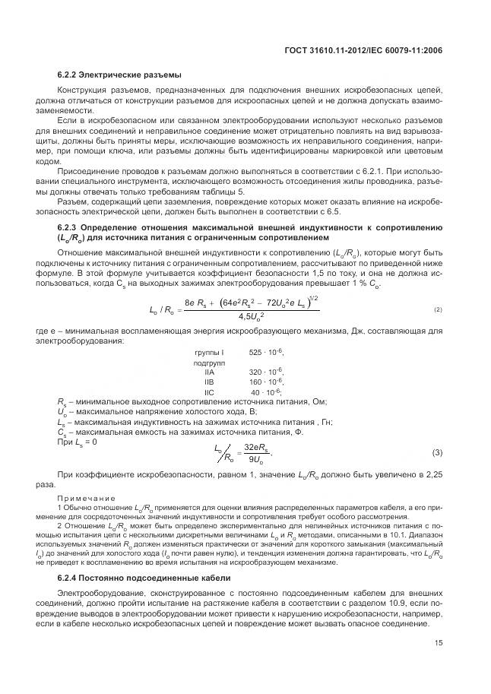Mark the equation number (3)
click(x=438, y=454)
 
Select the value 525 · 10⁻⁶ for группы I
click(x=266, y=353)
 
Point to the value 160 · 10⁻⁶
click(x=266, y=382)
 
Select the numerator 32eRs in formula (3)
click(x=256, y=448)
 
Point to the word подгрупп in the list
click(x=210, y=363)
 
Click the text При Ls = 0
click(x=77, y=441)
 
